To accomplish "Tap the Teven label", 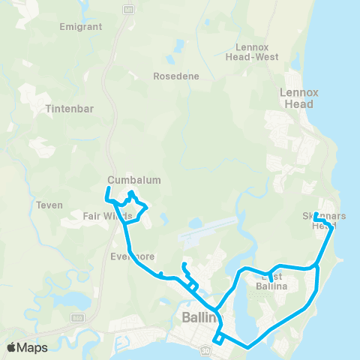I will (x=49, y=205).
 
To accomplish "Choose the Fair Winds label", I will (x=107, y=216).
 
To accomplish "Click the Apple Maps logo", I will (x=27, y=348).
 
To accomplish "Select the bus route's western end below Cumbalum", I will (x=106, y=199).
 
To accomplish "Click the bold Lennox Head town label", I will (x=299, y=98).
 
